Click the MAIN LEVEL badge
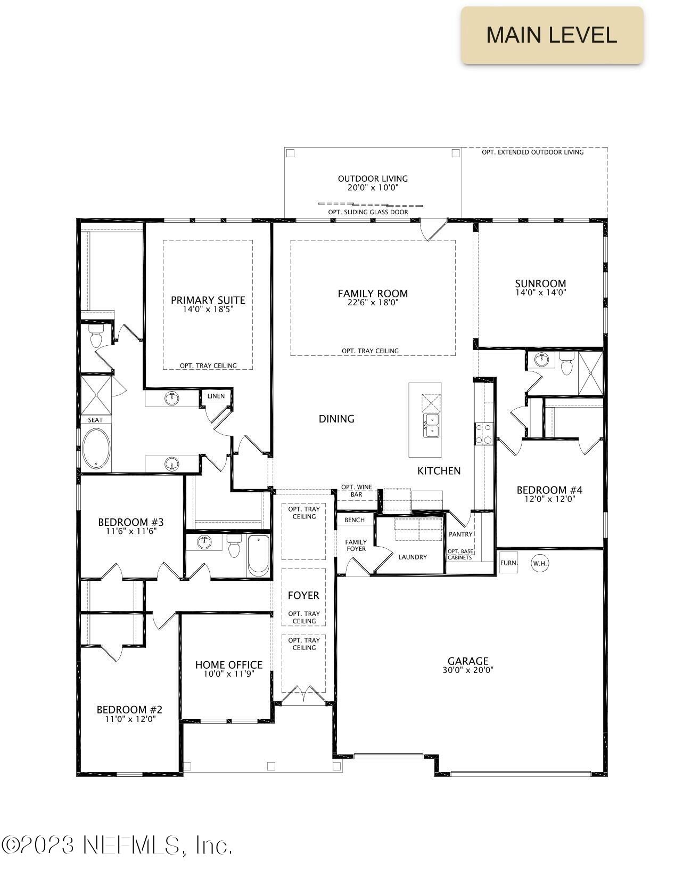click(x=552, y=35)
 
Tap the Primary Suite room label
click(x=208, y=300)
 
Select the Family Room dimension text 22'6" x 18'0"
click(x=373, y=303)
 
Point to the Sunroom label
click(x=540, y=283)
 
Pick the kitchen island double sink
click(x=431, y=425)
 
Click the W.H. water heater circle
click(x=540, y=563)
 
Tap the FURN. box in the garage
click(x=508, y=563)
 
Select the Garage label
click(x=467, y=661)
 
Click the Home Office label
click(x=228, y=664)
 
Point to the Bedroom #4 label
click(x=549, y=490)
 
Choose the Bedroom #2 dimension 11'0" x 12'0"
click(x=129, y=719)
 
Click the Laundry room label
click(x=413, y=557)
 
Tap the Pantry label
click(x=460, y=534)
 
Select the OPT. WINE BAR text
click(x=356, y=491)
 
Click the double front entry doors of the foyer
click(x=303, y=694)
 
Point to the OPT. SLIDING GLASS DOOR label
click(x=368, y=212)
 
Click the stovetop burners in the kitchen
click(x=484, y=433)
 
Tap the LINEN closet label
click(x=216, y=396)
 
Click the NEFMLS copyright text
click(x=117, y=845)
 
